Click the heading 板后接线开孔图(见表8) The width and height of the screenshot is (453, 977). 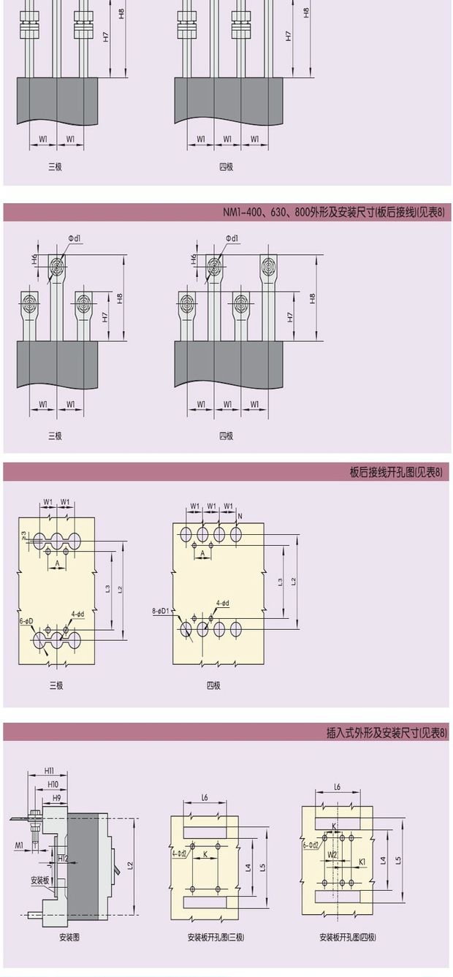pos(397,472)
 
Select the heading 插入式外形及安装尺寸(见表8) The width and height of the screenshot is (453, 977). pos(387,732)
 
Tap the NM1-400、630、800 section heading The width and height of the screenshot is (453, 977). pos(334,213)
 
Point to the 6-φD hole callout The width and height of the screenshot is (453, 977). pos(26,620)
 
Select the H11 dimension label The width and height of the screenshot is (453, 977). pos(49,771)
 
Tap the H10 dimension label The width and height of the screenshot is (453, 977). pos(53,784)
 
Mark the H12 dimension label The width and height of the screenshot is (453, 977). pos(63,858)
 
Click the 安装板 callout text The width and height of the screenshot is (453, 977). pos(40,881)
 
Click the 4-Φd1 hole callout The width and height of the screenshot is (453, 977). pos(179,853)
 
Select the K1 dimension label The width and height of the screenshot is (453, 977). pos(361,862)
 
